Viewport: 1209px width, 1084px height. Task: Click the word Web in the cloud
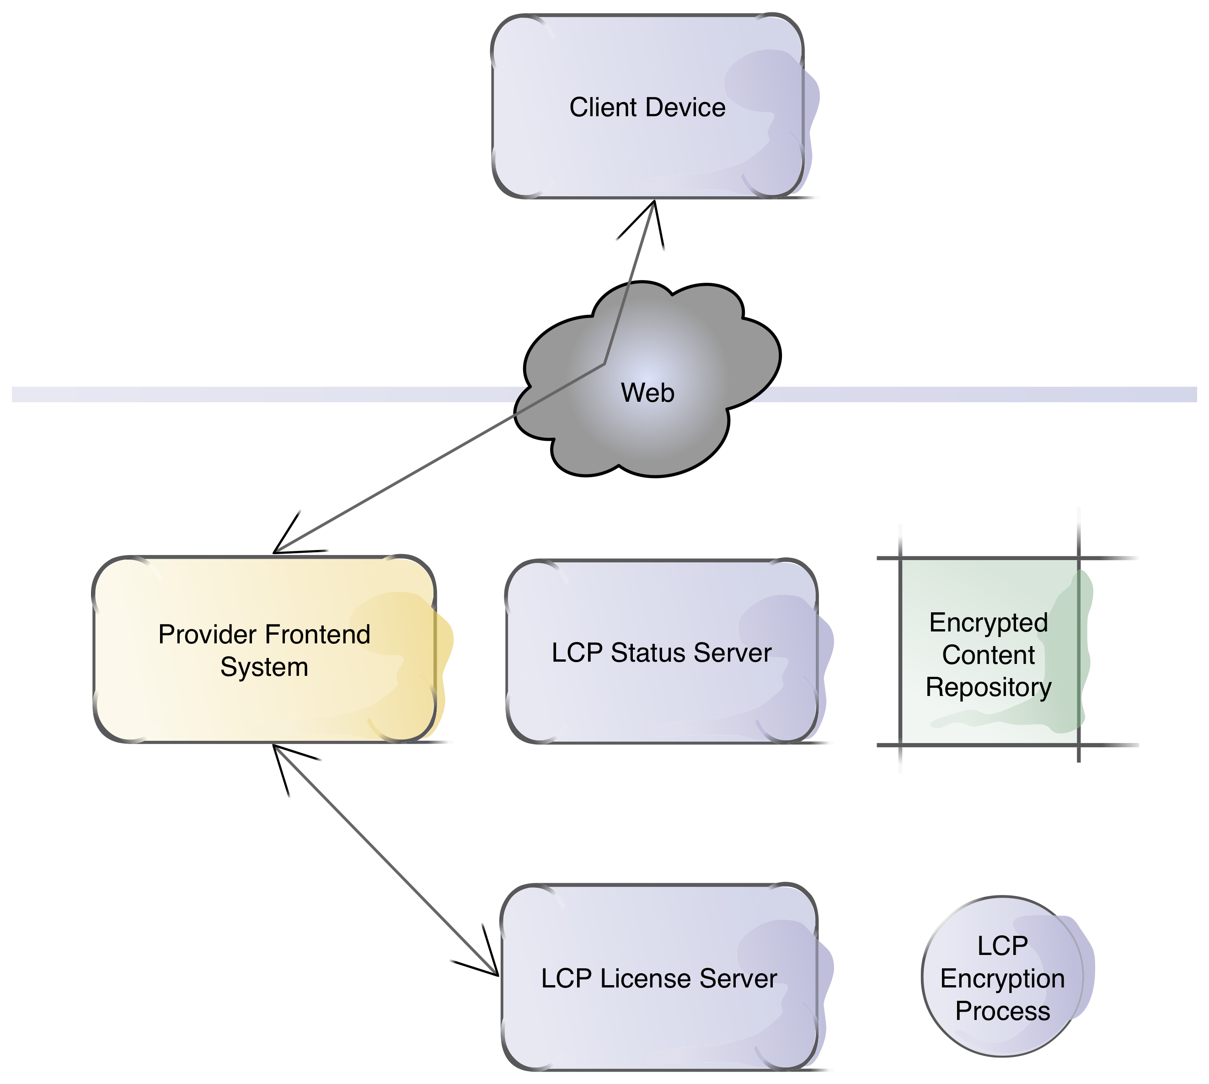(647, 393)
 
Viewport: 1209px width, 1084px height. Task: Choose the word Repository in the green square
(989, 687)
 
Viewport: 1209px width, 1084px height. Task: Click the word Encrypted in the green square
(989, 622)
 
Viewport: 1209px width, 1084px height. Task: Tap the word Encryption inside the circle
(1002, 979)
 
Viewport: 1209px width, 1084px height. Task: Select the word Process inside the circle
(1002, 1011)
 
